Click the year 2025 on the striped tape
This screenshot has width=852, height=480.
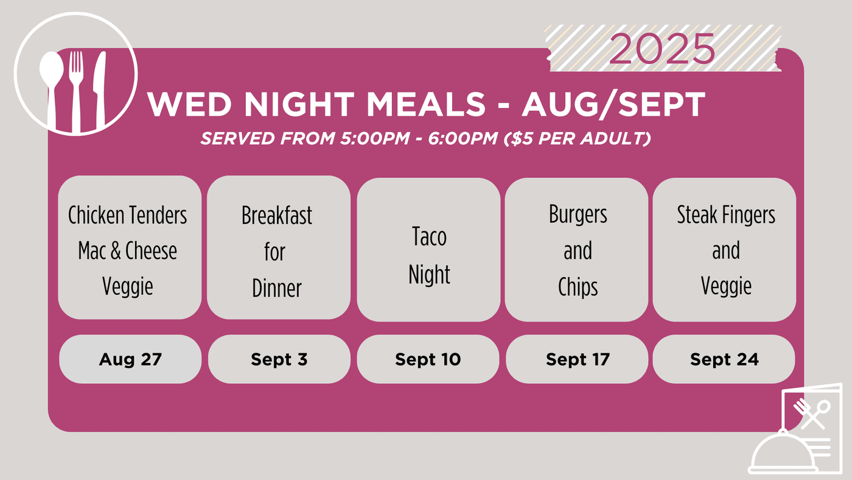pyautogui.click(x=662, y=48)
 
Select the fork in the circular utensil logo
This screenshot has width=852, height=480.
pyautogui.click(x=76, y=91)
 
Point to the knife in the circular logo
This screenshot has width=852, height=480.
pyautogui.click(x=99, y=90)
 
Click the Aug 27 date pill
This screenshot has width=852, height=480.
pyautogui.click(x=130, y=359)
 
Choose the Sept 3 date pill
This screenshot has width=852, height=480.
pyautogui.click(x=279, y=359)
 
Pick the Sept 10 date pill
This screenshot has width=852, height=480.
pyautogui.click(x=428, y=359)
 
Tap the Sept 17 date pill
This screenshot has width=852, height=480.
pyautogui.click(x=577, y=359)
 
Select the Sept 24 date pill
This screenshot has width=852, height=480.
pyautogui.click(x=724, y=359)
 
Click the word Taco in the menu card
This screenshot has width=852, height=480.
pyautogui.click(x=429, y=236)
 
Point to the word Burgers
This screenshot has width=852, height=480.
pyautogui.click(x=578, y=214)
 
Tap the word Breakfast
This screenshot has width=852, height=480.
pyautogui.click(x=277, y=215)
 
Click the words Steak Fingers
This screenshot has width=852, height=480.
pyautogui.click(x=725, y=214)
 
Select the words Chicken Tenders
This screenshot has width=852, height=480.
pyautogui.click(x=127, y=215)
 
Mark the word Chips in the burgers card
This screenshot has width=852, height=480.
pyautogui.click(x=578, y=287)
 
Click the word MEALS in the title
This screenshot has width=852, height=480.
pyautogui.click(x=426, y=104)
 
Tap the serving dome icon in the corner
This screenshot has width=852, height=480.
pyautogui.click(x=783, y=453)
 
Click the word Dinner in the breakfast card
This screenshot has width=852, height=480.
pyautogui.click(x=277, y=288)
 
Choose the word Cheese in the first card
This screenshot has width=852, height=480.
pyautogui.click(x=151, y=250)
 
